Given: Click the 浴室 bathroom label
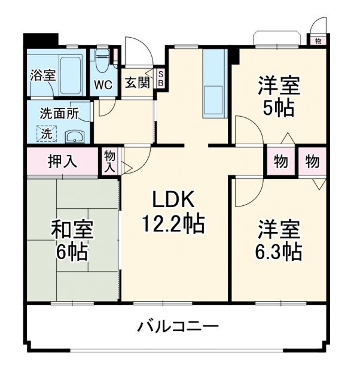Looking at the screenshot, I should [x=43, y=75].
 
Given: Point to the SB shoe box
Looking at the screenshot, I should [x=160, y=79].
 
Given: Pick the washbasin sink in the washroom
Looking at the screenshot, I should [x=74, y=136].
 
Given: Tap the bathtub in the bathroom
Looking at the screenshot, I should [x=69, y=75].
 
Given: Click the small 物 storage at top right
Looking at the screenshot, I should [x=318, y=41].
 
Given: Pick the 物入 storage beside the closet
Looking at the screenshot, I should [x=109, y=161].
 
